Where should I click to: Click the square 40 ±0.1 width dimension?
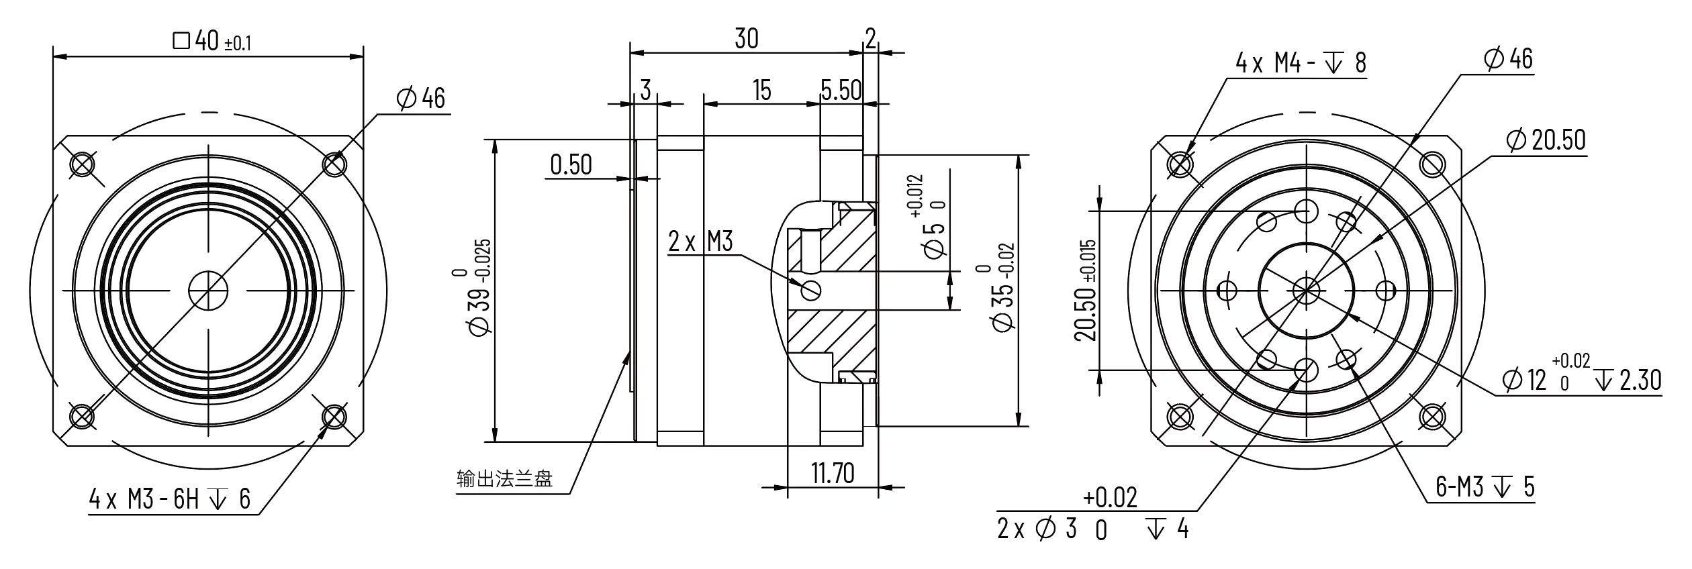(x=212, y=42)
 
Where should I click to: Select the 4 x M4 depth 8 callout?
(x=1301, y=64)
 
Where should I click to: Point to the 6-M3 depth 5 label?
(x=1485, y=487)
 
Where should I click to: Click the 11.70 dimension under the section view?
(x=833, y=474)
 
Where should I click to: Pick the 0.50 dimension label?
(x=571, y=164)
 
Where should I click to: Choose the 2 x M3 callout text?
(x=700, y=241)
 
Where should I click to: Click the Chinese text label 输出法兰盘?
(x=504, y=479)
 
